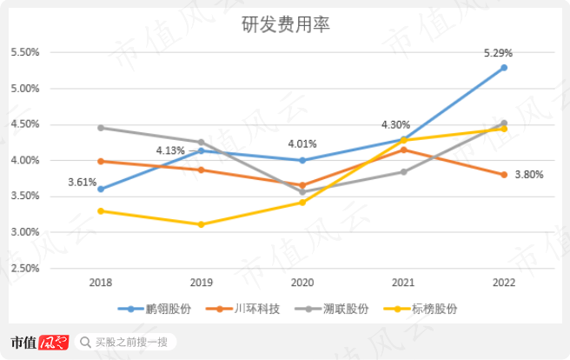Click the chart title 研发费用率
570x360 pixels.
285,25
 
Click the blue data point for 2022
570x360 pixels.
503,68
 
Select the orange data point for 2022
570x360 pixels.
503,175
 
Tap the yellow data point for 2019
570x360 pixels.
201,224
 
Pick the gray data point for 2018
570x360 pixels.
101,128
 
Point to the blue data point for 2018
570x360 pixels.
101,189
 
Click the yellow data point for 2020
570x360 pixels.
302,203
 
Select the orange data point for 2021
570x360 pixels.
402,150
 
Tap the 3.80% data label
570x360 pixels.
529,175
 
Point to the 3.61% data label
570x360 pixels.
82,182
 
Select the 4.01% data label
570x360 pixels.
302,144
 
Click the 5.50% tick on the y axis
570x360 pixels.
25,53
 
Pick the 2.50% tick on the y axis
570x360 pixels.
25,269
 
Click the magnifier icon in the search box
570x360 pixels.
85,342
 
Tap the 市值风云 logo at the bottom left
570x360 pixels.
38,342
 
